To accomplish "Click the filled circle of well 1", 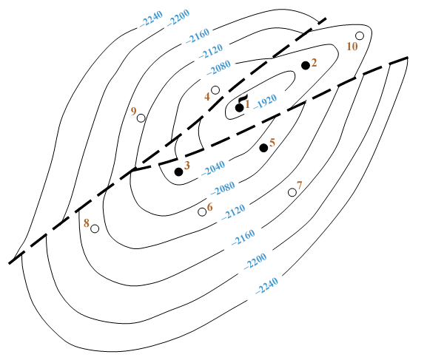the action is [239, 108].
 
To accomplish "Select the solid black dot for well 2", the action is [306, 65].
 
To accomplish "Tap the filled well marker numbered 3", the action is [178, 171].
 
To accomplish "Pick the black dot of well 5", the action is [263, 148].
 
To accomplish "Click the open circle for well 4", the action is [215, 89].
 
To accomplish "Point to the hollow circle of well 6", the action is [202, 211].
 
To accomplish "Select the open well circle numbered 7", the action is [292, 192].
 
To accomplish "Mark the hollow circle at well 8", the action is [95, 228].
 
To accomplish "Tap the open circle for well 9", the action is [141, 118].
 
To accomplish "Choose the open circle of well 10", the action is [360, 35].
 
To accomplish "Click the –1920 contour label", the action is [265, 102].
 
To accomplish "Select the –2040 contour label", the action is [213, 168].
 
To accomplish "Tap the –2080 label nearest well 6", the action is [223, 189].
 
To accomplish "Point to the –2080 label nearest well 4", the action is [218, 68].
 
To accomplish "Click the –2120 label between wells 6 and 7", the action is [233, 211].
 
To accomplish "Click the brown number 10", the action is [352, 47].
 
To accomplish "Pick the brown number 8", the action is [87, 223].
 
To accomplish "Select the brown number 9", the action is [133, 112].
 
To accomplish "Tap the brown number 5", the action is [272, 143].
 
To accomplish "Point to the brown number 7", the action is [300, 186].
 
